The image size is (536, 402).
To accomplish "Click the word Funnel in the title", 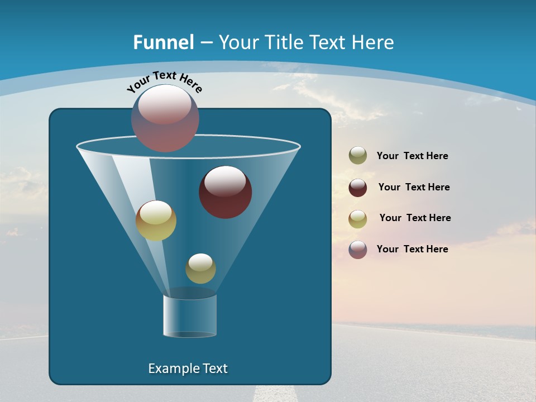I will point(164,42).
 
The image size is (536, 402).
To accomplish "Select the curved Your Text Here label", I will point(164,81).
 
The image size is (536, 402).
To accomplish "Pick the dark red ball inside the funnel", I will point(225,193).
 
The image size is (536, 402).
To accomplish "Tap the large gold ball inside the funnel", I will point(156,221).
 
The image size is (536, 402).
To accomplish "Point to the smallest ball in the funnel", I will point(200,269).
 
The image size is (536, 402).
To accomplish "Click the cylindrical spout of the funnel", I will point(190,315).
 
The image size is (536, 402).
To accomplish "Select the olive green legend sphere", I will point(358,156).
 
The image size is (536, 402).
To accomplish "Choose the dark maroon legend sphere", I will point(358,187).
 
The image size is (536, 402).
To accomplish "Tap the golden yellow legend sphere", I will point(358,218).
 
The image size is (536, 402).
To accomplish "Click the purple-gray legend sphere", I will point(358,249).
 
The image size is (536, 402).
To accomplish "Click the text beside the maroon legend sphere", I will point(414,187).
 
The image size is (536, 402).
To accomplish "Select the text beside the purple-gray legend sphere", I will point(412,249).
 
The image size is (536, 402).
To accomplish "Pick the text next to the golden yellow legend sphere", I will point(415,218).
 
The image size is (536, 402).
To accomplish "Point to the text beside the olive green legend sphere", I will point(412,156).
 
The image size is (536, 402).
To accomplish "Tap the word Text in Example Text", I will point(214,368).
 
